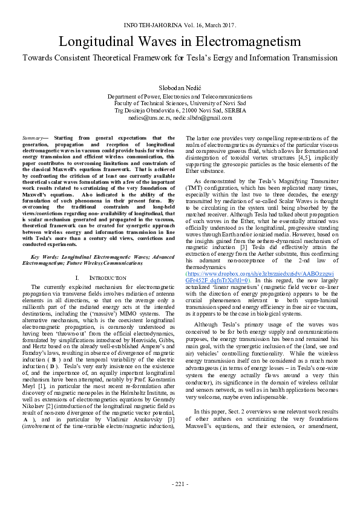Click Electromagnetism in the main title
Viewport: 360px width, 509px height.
[x=245, y=42]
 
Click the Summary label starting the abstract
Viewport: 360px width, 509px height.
[x=41, y=138]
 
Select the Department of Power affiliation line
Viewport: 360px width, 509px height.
[x=180, y=97]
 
